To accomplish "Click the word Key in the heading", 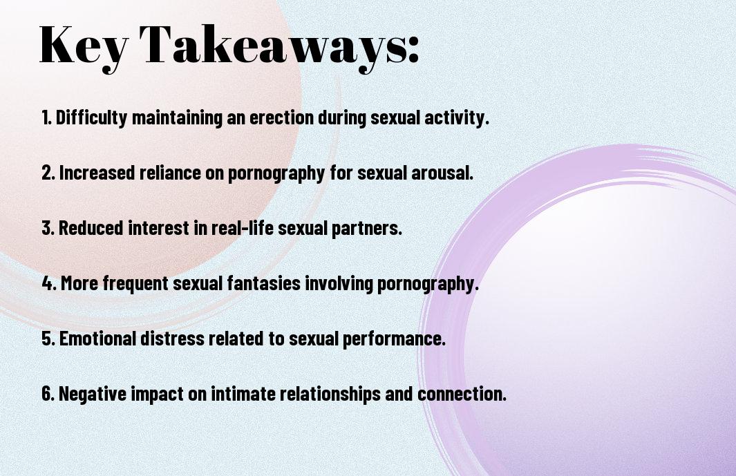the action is click(x=84, y=47).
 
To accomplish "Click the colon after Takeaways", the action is click(x=413, y=50).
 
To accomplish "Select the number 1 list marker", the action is click(x=46, y=117).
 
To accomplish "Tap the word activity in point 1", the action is click(x=457, y=117).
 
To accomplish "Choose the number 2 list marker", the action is click(x=48, y=173).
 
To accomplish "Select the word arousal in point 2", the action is click(x=442, y=173).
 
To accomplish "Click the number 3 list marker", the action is click(x=48, y=228).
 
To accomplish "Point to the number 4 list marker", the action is click(x=49, y=283).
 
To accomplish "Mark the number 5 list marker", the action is click(x=48, y=339).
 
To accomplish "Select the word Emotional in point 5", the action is click(x=97, y=339).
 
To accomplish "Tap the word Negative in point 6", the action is click(x=93, y=393).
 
